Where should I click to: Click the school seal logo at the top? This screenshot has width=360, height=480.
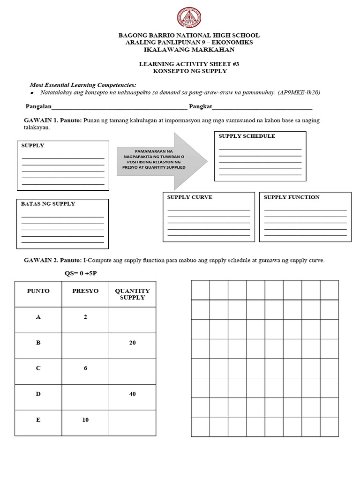click(189, 18)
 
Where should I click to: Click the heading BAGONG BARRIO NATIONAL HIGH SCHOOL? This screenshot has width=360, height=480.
click(189, 36)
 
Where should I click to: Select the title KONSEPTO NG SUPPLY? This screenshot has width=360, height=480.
click(189, 71)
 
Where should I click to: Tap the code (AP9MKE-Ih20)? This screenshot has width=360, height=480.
click(299, 93)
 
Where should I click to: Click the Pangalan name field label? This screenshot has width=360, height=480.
click(38, 107)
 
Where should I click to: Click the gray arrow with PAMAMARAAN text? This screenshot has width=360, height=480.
click(162, 160)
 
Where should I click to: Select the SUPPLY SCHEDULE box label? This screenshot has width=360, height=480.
click(247, 136)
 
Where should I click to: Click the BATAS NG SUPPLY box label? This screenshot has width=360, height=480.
click(48, 204)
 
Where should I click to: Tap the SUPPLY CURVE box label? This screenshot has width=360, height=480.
click(189, 197)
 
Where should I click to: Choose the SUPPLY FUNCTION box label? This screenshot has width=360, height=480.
click(292, 197)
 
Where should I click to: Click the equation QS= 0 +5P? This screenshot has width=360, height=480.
click(83, 273)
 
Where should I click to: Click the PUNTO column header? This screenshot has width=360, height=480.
click(38, 291)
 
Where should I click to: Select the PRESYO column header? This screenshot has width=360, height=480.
click(85, 291)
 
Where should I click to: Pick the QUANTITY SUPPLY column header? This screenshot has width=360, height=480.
click(132, 294)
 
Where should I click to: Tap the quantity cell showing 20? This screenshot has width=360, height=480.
click(132, 343)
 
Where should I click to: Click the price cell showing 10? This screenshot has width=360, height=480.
click(85, 420)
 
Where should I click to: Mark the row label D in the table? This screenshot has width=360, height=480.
click(38, 394)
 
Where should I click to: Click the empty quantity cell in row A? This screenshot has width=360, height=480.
click(132, 320)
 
